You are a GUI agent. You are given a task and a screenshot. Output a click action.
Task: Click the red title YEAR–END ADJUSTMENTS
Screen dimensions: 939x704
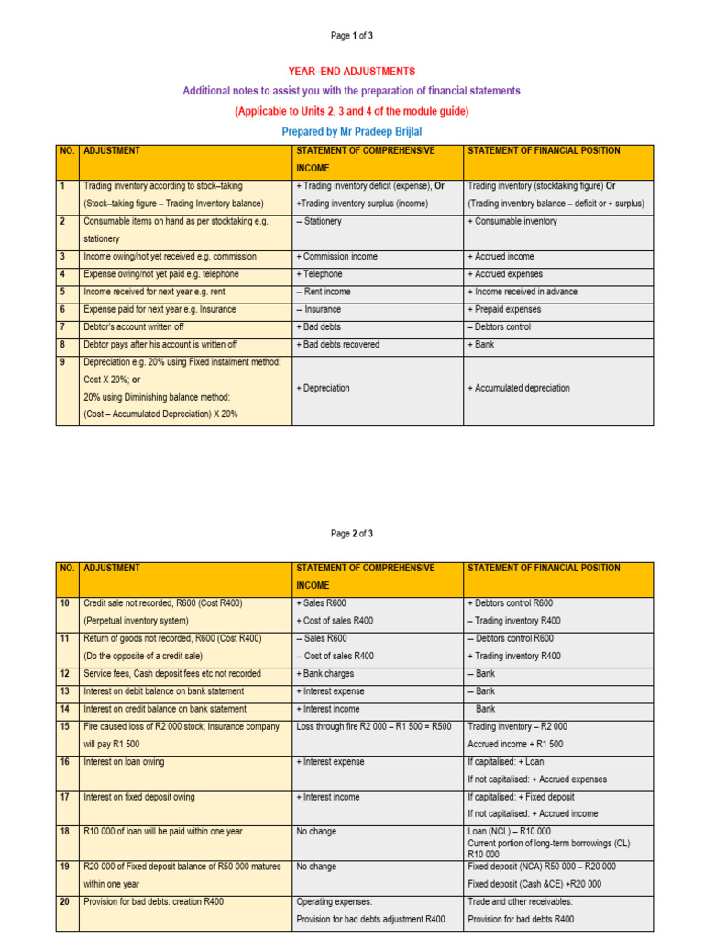pos(352,72)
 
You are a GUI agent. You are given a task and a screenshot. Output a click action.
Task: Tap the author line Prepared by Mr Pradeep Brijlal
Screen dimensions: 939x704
pos(352,131)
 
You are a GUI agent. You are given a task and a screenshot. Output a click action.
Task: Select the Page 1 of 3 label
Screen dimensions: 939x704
pos(352,36)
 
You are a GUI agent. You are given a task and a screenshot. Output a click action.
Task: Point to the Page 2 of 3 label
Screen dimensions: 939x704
pos(352,533)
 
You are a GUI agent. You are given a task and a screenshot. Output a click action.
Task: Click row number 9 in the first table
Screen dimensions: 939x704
pos(63,362)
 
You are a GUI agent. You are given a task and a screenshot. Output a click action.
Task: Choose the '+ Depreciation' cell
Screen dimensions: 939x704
pos(323,388)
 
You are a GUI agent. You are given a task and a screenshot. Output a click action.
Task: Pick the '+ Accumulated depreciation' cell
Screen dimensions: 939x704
pos(518,388)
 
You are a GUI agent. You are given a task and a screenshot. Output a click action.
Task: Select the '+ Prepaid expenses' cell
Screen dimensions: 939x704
pos(504,310)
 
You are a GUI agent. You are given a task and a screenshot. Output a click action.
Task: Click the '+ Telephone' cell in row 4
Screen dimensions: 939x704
pos(319,274)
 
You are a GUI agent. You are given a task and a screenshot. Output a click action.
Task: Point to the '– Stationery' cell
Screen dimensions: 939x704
pos(318,221)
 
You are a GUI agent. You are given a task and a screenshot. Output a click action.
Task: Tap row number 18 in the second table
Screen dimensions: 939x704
pos(65,832)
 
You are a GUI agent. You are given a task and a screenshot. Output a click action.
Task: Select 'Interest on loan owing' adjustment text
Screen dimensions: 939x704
pos(124,762)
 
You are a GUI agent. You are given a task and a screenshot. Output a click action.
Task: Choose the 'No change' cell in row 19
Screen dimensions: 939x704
pos(316,867)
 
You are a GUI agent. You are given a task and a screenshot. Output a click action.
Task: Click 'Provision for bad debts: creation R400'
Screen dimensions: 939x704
pos(153,902)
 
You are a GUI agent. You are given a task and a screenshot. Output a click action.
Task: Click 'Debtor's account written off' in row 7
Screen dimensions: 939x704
pos(141,327)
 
